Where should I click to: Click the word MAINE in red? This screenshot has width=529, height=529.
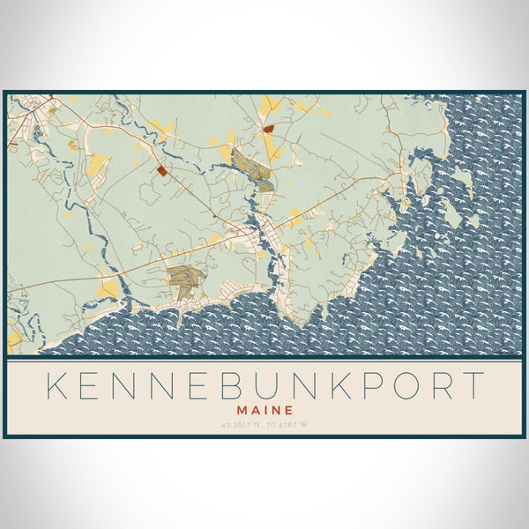[264, 410]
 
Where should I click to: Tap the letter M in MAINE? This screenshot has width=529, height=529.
[243, 410]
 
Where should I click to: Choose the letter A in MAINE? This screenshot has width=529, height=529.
[256, 410]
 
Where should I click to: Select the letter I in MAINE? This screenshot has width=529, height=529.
[265, 410]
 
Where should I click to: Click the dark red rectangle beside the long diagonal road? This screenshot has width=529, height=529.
[161, 171]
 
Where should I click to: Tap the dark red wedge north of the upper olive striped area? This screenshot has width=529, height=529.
[268, 129]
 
